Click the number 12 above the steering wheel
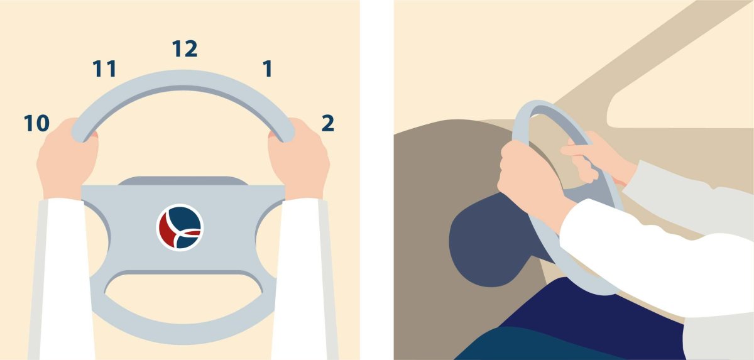[x=185, y=49]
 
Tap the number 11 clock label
[x=105, y=68]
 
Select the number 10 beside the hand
[x=36, y=123]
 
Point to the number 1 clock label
[x=267, y=68]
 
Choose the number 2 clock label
[x=328, y=123]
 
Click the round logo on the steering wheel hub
[x=180, y=227]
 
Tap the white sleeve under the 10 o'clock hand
[x=62, y=279]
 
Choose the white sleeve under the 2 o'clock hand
[x=303, y=279]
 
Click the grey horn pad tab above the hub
[x=183, y=181]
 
